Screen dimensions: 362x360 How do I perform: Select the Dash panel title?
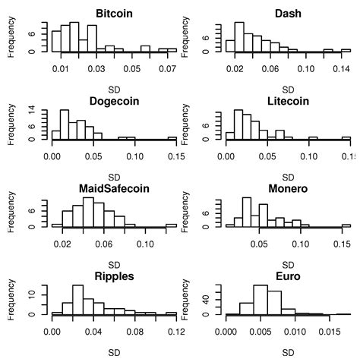[288, 13]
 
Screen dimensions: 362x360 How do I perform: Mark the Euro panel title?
[288, 275]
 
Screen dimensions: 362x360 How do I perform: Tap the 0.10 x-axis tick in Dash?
[306, 68]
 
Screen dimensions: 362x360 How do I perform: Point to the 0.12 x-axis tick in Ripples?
[176, 331]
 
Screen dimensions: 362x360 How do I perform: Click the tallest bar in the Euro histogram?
[261, 300]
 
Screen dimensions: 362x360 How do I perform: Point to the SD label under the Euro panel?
[288, 352]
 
